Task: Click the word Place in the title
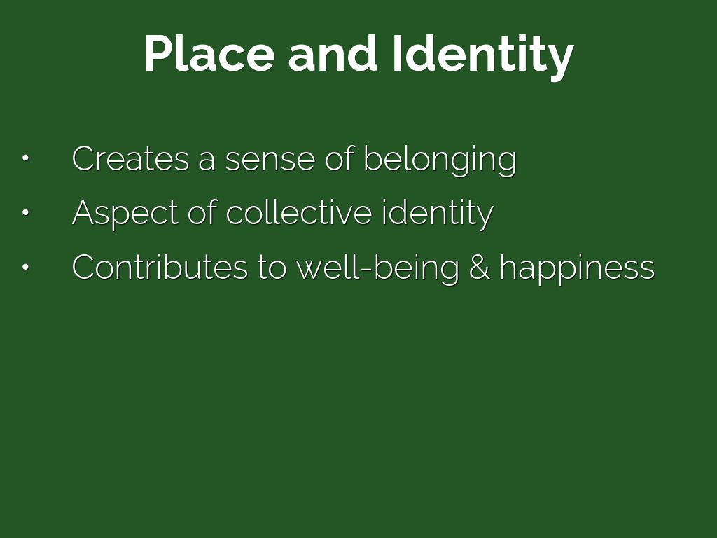(209, 53)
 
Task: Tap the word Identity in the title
(483, 57)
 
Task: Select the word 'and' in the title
(333, 53)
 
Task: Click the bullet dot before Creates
(26, 158)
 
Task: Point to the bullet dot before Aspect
(26, 212)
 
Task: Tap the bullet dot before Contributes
(26, 267)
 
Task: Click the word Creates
(130, 158)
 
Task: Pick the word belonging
(440, 160)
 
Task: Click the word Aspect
(125, 214)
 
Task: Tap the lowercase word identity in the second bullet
(438, 214)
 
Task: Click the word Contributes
(160, 267)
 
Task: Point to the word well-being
(377, 268)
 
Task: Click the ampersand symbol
(479, 267)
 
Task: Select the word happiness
(577, 268)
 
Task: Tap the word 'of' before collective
(202, 212)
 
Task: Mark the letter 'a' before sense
(207, 162)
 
